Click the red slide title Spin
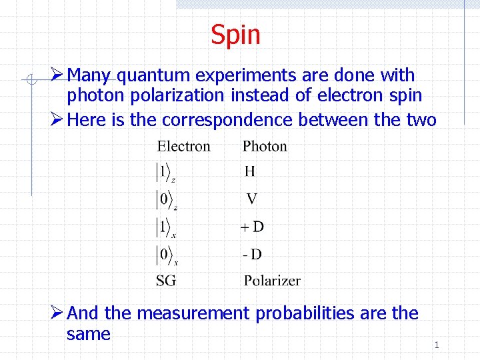click(x=235, y=35)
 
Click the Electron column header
click(x=183, y=146)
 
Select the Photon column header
click(x=265, y=146)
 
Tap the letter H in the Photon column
click(x=249, y=171)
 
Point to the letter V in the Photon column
click(x=251, y=199)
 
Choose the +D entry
click(x=252, y=227)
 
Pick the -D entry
click(x=251, y=254)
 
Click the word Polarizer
click(x=272, y=281)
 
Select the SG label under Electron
click(x=166, y=281)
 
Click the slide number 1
click(x=436, y=345)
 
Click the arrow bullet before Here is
click(x=58, y=119)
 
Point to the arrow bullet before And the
click(x=58, y=312)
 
